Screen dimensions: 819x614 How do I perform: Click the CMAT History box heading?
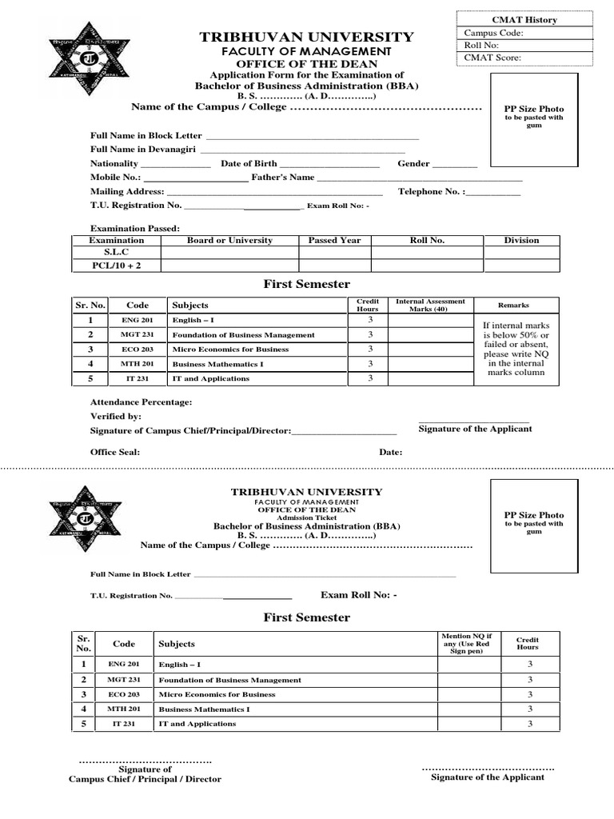[x=525, y=20]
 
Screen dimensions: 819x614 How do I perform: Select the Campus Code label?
[x=494, y=33]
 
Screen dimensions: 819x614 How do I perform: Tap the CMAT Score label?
[x=492, y=58]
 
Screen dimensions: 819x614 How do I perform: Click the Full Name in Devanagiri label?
[x=142, y=150]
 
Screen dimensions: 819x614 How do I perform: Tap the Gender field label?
[x=413, y=163]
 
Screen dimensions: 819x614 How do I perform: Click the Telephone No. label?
[x=429, y=192]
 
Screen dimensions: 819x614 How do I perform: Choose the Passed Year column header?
[x=334, y=240]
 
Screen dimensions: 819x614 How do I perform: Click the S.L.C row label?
[x=116, y=252]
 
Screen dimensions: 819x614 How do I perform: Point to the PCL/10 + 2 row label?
[x=116, y=266]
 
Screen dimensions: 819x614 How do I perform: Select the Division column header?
[x=520, y=240]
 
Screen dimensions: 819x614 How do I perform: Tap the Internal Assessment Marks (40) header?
[x=430, y=305]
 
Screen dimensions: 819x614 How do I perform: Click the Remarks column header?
[x=513, y=305]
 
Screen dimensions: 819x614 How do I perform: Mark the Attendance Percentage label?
[x=141, y=402]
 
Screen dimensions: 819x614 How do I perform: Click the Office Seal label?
[x=114, y=452]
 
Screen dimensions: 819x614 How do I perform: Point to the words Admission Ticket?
[x=307, y=517]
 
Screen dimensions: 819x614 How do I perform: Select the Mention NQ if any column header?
[x=467, y=643]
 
